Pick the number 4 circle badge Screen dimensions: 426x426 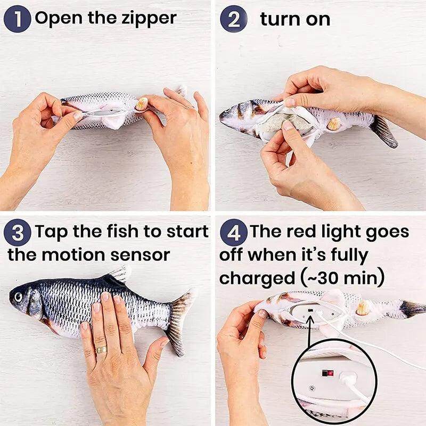click(233, 233)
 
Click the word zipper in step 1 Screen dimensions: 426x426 click(149, 19)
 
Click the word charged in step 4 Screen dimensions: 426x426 click(256, 278)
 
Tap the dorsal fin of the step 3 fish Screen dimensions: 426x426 click(117, 275)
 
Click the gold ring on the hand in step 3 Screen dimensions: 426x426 click(101, 349)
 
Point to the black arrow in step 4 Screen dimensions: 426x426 click(310, 335)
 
